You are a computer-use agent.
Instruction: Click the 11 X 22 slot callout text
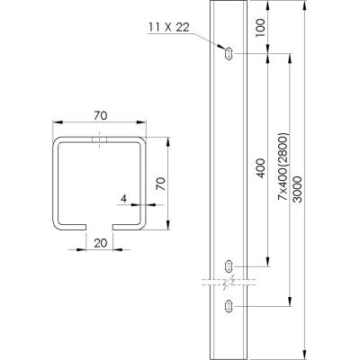169,28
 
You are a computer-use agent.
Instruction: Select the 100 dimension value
261,28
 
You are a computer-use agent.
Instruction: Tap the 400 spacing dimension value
261,168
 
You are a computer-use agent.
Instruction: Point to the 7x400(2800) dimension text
283,166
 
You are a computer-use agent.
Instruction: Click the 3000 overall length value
298,190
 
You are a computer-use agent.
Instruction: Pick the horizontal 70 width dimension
100,116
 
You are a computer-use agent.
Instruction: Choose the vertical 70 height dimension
161,184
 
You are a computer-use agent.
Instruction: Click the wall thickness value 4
123,199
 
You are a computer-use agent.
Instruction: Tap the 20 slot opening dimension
101,243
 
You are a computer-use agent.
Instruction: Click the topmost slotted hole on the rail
229,54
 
